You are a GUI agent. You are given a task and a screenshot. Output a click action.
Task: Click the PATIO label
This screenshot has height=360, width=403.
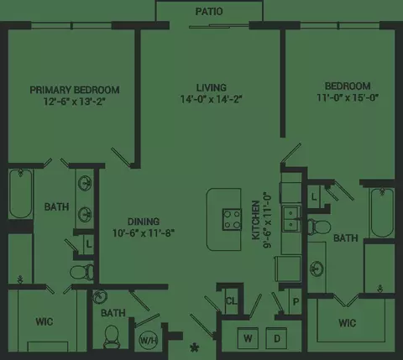pos(209,12)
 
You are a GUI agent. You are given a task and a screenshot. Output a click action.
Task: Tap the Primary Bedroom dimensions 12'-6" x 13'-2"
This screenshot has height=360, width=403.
pos(75,102)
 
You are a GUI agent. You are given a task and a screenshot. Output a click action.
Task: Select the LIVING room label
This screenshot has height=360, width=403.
pos(211,87)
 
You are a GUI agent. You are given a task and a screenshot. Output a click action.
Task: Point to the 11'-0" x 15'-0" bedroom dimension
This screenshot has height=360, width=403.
pos(348,97)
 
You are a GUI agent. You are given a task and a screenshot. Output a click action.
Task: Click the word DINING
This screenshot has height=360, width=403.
pos(144,222)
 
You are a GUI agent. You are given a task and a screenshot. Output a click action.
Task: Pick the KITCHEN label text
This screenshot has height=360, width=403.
pos(256,220)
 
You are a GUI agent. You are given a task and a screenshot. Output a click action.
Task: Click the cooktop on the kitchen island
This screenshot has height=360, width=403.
pos(232,220)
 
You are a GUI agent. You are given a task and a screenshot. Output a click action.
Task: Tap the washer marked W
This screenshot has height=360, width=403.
pos(248,338)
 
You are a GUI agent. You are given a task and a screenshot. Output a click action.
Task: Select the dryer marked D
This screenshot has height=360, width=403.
pos(276,338)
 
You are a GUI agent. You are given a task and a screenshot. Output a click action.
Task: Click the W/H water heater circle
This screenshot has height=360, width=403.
pos(149,341)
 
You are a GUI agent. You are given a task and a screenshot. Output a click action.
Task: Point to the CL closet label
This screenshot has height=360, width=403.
pos(232,301)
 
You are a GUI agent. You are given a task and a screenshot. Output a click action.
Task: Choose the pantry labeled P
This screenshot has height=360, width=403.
pos(296,301)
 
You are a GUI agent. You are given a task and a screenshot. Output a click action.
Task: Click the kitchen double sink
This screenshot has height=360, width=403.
pos(291,219)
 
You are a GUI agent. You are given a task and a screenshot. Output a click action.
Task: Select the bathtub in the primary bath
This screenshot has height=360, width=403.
pos(20,194)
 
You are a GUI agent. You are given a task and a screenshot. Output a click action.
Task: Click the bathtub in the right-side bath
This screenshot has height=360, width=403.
pos(382,212)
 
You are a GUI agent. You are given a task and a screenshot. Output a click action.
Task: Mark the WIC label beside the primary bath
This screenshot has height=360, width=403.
pos(44,321)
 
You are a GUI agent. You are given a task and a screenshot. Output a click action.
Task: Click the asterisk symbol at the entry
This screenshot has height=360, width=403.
pos(194,348)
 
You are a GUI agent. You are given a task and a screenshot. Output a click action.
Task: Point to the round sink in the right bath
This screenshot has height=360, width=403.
pos(317,269)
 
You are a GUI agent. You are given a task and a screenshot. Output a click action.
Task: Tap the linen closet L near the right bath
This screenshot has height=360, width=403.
pos(314,197)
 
